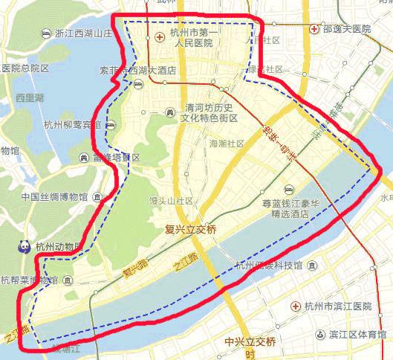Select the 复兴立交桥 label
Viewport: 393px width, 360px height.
(x=190, y=230)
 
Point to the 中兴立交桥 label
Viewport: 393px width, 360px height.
(x=250, y=341)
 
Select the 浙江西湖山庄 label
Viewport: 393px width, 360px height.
(x=83, y=33)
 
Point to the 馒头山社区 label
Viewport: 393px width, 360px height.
(x=173, y=200)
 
